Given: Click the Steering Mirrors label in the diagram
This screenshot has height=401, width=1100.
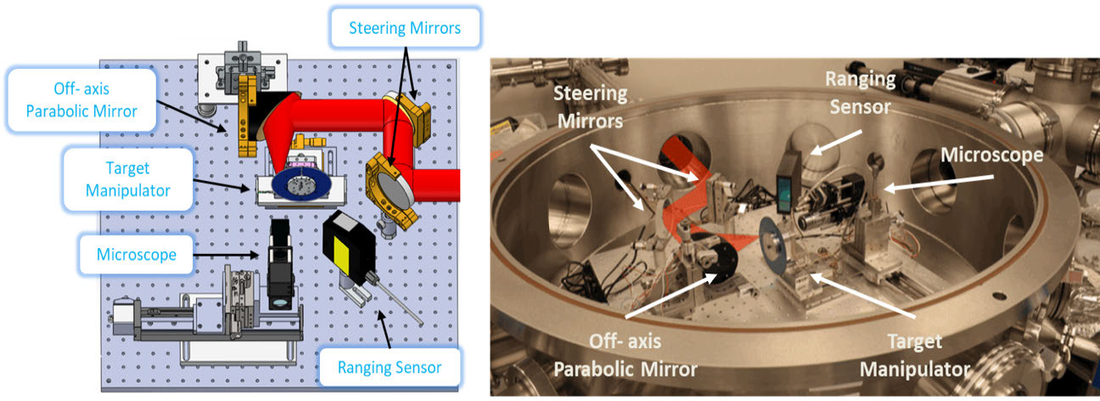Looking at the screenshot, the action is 404,28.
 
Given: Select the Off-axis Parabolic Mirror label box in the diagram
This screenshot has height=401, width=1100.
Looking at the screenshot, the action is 82,99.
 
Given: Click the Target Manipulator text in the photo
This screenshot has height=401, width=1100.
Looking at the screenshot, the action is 914,356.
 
